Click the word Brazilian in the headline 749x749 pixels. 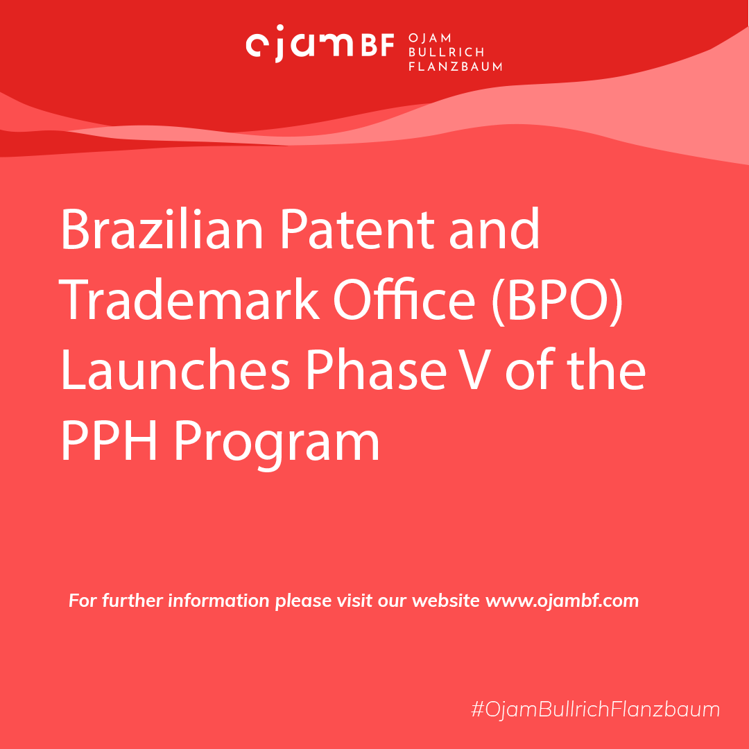coord(162,229)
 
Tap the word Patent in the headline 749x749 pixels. coord(357,229)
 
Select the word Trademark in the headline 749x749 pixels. coord(189,300)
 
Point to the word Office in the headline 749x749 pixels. coord(404,300)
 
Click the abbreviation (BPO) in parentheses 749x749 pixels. coord(557,301)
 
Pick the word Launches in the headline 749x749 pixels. coord(175,370)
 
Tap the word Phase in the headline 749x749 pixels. coord(376,370)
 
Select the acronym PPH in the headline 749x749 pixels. coord(109,440)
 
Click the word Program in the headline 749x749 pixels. coord(277,445)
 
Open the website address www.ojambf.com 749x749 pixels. coord(562,601)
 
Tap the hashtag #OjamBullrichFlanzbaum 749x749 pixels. coord(595,709)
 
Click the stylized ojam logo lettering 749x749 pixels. coord(300,44)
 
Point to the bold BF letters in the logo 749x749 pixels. coord(377,45)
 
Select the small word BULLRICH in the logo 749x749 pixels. coord(446,52)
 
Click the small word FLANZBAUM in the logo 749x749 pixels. coord(455,67)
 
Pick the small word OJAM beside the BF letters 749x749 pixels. coord(430,37)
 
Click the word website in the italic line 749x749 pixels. coord(446,601)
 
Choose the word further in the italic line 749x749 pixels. coord(132,601)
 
